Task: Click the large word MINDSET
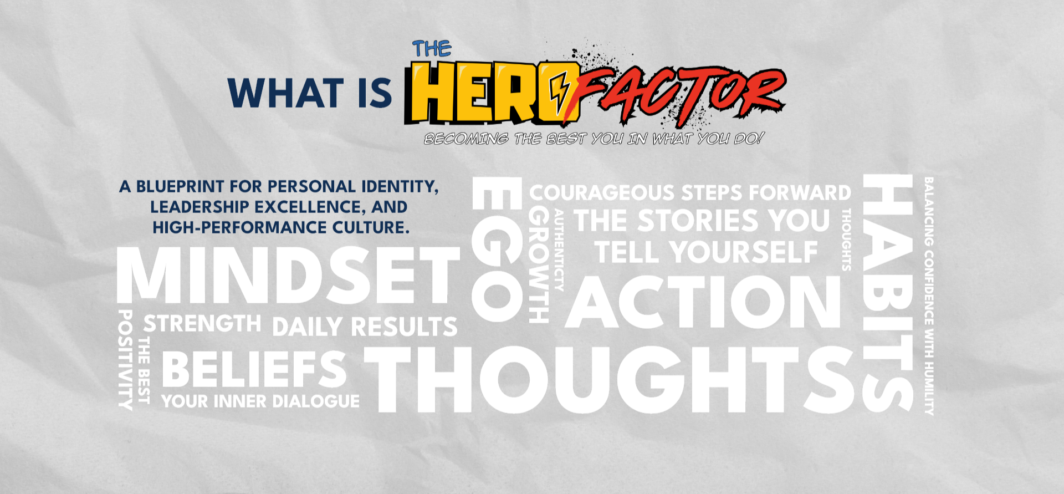click(288, 275)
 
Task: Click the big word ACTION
click(703, 302)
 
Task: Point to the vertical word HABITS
click(888, 293)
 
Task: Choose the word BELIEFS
click(254, 369)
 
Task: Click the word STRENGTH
click(202, 323)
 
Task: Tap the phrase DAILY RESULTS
click(365, 327)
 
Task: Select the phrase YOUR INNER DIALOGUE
click(260, 401)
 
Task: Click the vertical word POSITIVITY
click(126, 360)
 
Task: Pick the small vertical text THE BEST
click(144, 369)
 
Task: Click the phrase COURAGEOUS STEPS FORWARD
click(690, 193)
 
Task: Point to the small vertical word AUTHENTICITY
click(559, 249)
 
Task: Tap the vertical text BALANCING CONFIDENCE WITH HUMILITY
click(929, 296)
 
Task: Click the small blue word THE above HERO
click(432, 49)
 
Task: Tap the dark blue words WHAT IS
click(310, 93)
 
